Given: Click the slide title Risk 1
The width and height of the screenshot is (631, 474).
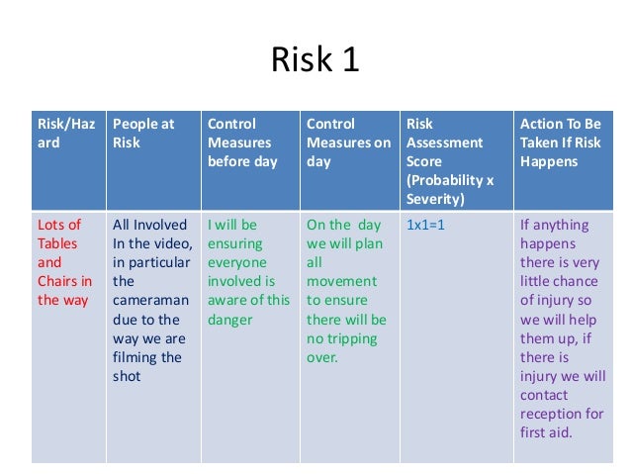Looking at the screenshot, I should [x=315, y=61].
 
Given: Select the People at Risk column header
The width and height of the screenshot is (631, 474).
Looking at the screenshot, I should [x=143, y=133].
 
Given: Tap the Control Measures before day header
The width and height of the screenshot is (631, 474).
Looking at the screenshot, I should [x=241, y=142].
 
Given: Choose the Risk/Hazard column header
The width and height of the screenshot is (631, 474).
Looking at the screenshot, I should [x=66, y=133].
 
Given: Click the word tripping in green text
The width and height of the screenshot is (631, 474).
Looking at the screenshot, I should [x=350, y=337].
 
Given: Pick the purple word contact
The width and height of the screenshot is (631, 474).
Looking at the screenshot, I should [x=545, y=395].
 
